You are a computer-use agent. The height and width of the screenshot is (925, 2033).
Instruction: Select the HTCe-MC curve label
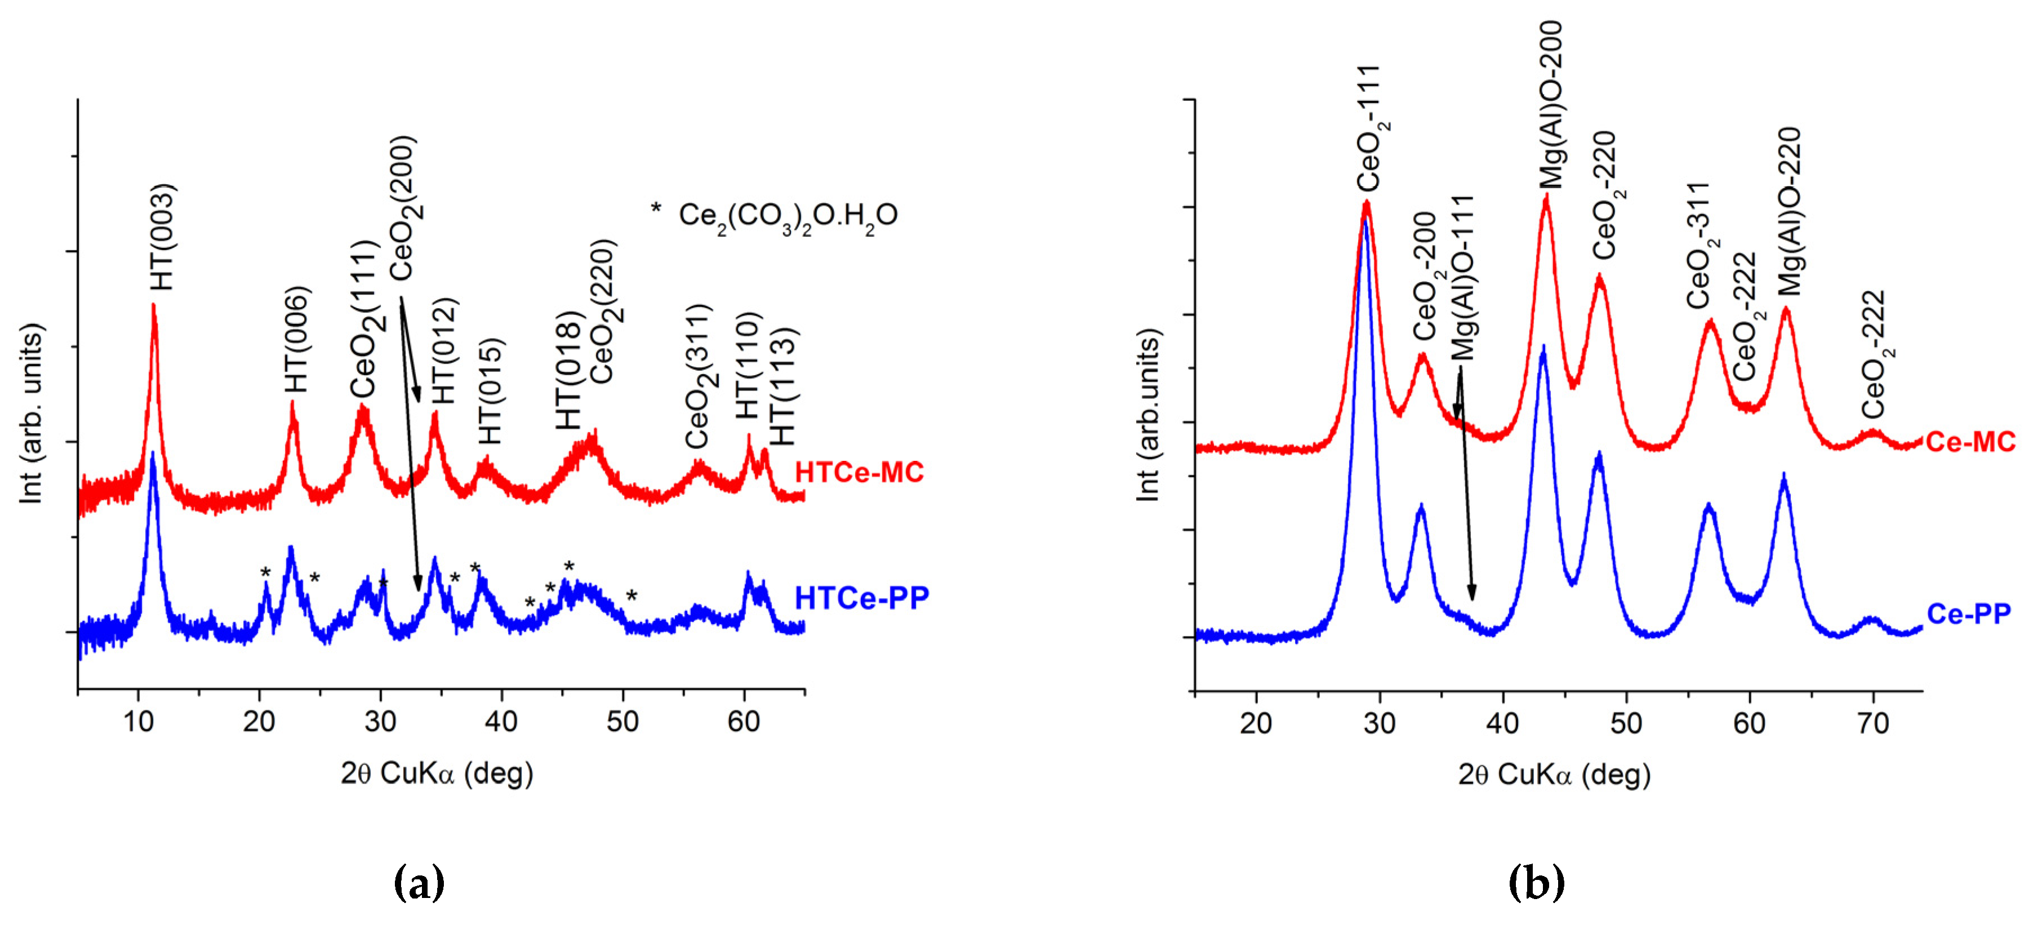point(858,472)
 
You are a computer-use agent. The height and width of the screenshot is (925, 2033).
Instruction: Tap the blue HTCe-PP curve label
point(861,598)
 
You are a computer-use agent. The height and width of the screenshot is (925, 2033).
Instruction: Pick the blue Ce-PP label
point(1968,613)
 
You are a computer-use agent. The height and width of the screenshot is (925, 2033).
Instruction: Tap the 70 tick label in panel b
point(1873,723)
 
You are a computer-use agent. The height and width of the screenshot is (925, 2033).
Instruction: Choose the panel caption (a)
point(419,882)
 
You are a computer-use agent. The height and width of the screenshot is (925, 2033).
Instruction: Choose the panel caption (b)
point(1536,882)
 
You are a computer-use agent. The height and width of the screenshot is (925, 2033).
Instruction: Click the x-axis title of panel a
point(437,773)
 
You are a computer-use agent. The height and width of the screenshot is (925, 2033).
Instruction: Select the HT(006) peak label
point(297,339)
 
